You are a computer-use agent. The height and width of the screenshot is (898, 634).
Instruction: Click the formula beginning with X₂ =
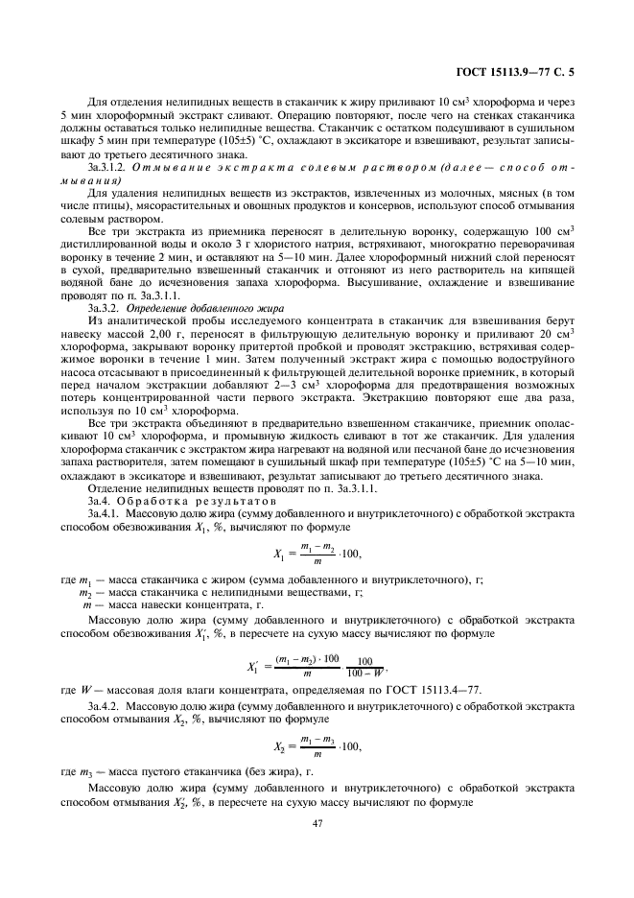[317, 744]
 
